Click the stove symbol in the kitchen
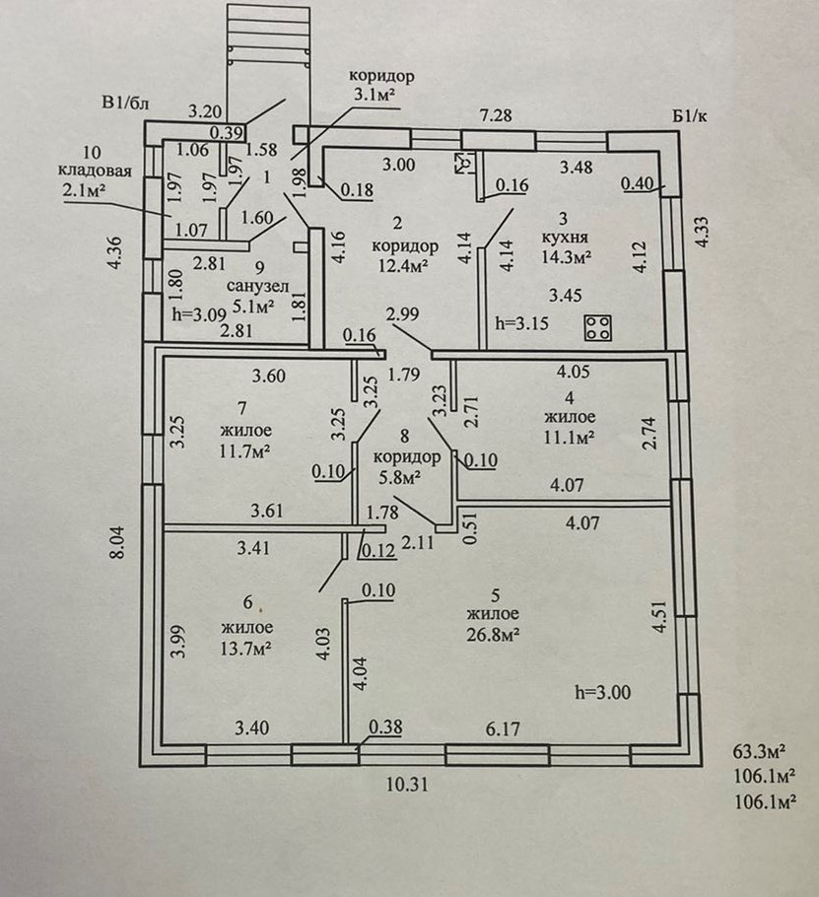click(x=598, y=328)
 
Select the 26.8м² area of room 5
click(x=493, y=635)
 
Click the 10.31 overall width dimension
click(x=407, y=785)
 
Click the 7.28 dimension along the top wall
click(x=496, y=115)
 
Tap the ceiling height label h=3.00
click(x=603, y=693)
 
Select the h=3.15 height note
click(x=521, y=323)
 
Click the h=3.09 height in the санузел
click(x=200, y=314)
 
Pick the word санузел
click(x=258, y=286)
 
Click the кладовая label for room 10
click(x=95, y=172)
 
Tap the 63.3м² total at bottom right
click(x=759, y=750)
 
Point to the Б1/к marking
click(x=690, y=116)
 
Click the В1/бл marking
click(x=125, y=103)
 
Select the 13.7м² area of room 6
click(x=246, y=649)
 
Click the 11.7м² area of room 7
click(x=244, y=450)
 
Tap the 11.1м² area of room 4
click(x=569, y=438)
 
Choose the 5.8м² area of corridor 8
click(x=400, y=476)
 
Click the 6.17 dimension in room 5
click(x=504, y=729)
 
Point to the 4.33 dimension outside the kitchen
click(x=702, y=231)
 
